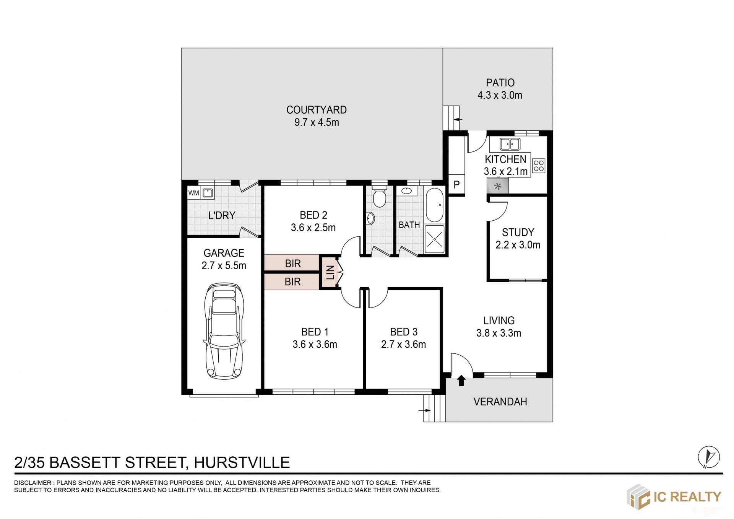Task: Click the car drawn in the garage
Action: pos(224,331)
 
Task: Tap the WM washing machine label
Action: pos(193,193)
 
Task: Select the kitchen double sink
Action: pos(510,144)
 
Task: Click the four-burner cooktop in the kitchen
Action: pos(539,166)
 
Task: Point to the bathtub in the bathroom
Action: pos(434,205)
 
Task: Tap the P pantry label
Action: pos(456,185)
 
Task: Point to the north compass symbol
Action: pos(709,457)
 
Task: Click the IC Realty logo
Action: pos(674,497)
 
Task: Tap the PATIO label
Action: pos(500,83)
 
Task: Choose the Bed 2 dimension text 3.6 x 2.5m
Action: pos(313,228)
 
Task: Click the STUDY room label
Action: pos(518,233)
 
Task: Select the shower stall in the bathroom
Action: pos(435,239)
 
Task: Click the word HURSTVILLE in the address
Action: pos(242,462)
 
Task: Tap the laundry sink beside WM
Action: pos(208,192)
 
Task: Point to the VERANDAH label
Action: pos(500,402)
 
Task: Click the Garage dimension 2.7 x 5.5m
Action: pos(224,265)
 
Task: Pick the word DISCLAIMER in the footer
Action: pos(32,483)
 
